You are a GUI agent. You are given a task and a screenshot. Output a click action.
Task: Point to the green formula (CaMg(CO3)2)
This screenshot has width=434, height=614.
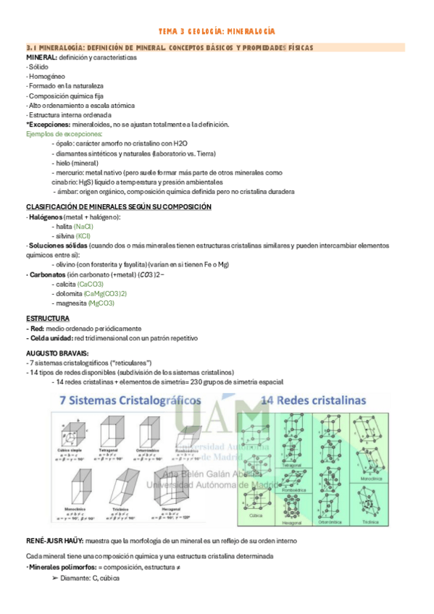(106, 293)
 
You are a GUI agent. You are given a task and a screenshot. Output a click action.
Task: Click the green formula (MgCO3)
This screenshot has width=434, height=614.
(101, 303)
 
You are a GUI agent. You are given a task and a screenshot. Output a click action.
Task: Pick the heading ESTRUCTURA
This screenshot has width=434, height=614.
(48, 318)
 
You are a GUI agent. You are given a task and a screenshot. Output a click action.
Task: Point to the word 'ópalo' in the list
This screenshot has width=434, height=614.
(65, 144)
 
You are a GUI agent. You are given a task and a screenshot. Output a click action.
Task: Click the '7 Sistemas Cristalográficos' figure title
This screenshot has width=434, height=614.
(120, 400)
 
